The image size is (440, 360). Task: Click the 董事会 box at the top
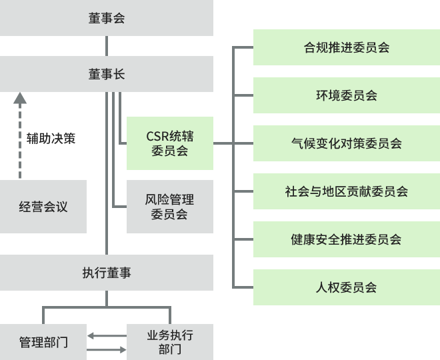107,18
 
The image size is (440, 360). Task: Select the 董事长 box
107,74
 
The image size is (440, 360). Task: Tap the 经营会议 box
43,207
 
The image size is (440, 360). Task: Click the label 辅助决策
51,139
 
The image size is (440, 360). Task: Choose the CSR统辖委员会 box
170,143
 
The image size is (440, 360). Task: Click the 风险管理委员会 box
170,207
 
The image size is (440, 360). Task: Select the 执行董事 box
107,273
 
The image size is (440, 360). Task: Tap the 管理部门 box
43,343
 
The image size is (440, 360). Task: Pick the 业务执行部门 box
170,342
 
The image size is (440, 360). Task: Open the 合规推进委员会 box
346,47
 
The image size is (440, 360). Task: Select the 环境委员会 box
346,95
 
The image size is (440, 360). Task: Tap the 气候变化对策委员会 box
346,143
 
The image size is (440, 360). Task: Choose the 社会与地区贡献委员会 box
346,191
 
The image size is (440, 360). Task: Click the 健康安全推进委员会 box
346,239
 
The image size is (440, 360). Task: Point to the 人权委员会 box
346,287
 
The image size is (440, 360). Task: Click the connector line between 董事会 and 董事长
107,46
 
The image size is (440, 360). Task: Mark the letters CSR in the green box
157,136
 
